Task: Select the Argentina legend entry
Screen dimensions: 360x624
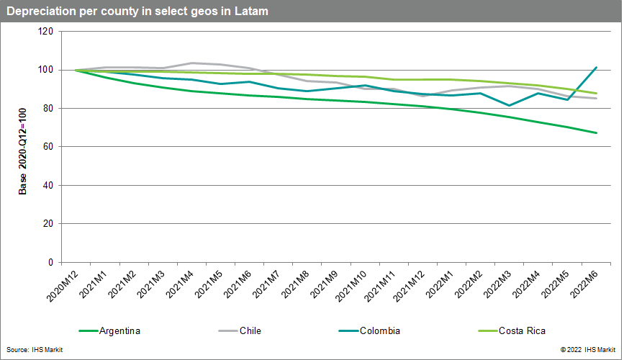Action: pos(120,331)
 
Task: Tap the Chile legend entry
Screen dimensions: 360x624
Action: pos(250,331)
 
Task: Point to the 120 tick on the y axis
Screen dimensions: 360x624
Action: pos(47,32)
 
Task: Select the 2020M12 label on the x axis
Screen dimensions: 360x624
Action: pos(60,286)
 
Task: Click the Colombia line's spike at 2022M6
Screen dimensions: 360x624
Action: pos(596,68)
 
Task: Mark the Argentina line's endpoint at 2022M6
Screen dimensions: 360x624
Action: pos(596,132)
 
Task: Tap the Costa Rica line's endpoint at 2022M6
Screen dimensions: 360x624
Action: pos(596,93)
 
